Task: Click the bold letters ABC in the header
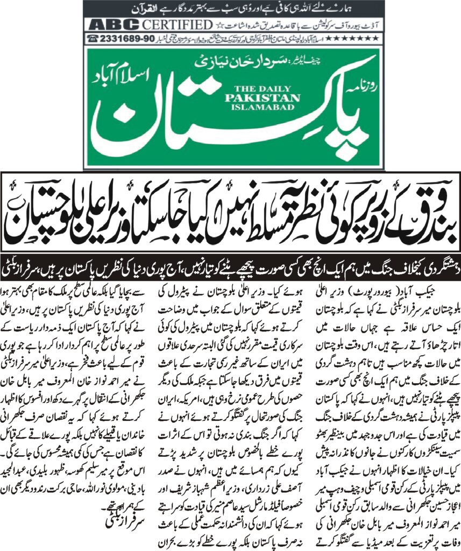click(x=113, y=25)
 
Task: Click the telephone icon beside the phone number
click(x=93, y=39)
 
